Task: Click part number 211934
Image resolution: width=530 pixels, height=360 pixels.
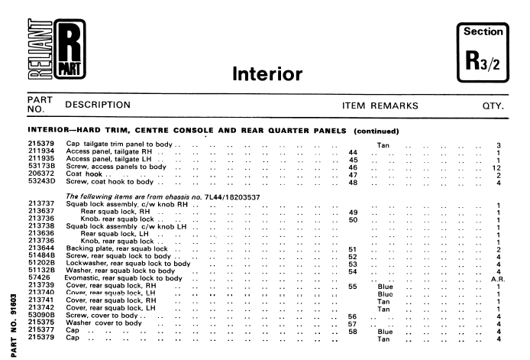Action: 20,151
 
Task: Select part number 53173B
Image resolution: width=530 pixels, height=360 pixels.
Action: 20,166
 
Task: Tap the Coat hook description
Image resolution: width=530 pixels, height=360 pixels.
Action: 84,174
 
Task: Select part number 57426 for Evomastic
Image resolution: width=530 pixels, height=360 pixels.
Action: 18,278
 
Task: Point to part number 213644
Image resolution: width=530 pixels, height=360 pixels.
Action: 20,248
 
